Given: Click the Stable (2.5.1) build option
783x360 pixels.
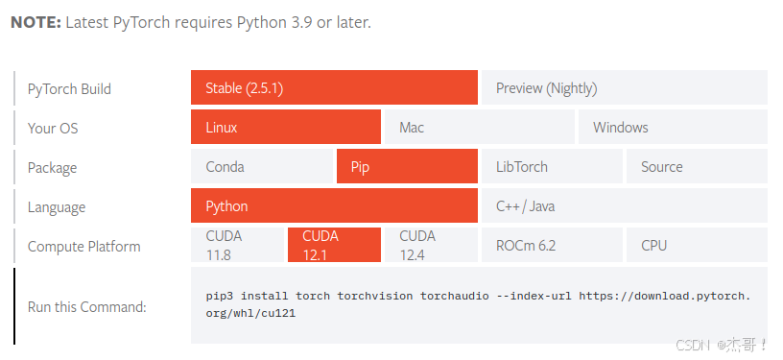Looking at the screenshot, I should (x=334, y=88).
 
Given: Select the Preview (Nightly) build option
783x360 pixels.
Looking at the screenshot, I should (x=624, y=88).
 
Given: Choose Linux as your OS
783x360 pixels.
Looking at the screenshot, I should (x=285, y=128).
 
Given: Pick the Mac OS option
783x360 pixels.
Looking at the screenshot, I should (x=478, y=128).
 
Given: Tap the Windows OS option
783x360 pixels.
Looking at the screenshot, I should (x=671, y=128).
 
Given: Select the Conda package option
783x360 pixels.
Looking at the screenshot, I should (x=261, y=167).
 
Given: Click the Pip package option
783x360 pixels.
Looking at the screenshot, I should (x=406, y=167).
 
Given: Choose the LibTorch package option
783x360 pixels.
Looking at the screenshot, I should (x=552, y=167).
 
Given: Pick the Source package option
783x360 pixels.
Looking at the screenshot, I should (x=696, y=167).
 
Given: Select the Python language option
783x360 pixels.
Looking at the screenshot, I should (x=334, y=206).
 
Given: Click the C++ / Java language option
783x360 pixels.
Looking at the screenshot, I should (x=624, y=206).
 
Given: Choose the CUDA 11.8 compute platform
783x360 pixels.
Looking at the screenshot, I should (x=237, y=246).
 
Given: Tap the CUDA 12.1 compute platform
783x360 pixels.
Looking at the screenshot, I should (x=333, y=246).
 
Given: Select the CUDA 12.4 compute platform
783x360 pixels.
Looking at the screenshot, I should (x=430, y=246).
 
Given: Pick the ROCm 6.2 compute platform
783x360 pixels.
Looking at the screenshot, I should (x=552, y=246).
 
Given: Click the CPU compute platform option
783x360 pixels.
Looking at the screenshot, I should (x=696, y=246).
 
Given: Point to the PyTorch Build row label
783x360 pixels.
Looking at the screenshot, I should (x=69, y=89).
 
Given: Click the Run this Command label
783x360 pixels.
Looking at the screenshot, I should (x=86, y=307).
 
